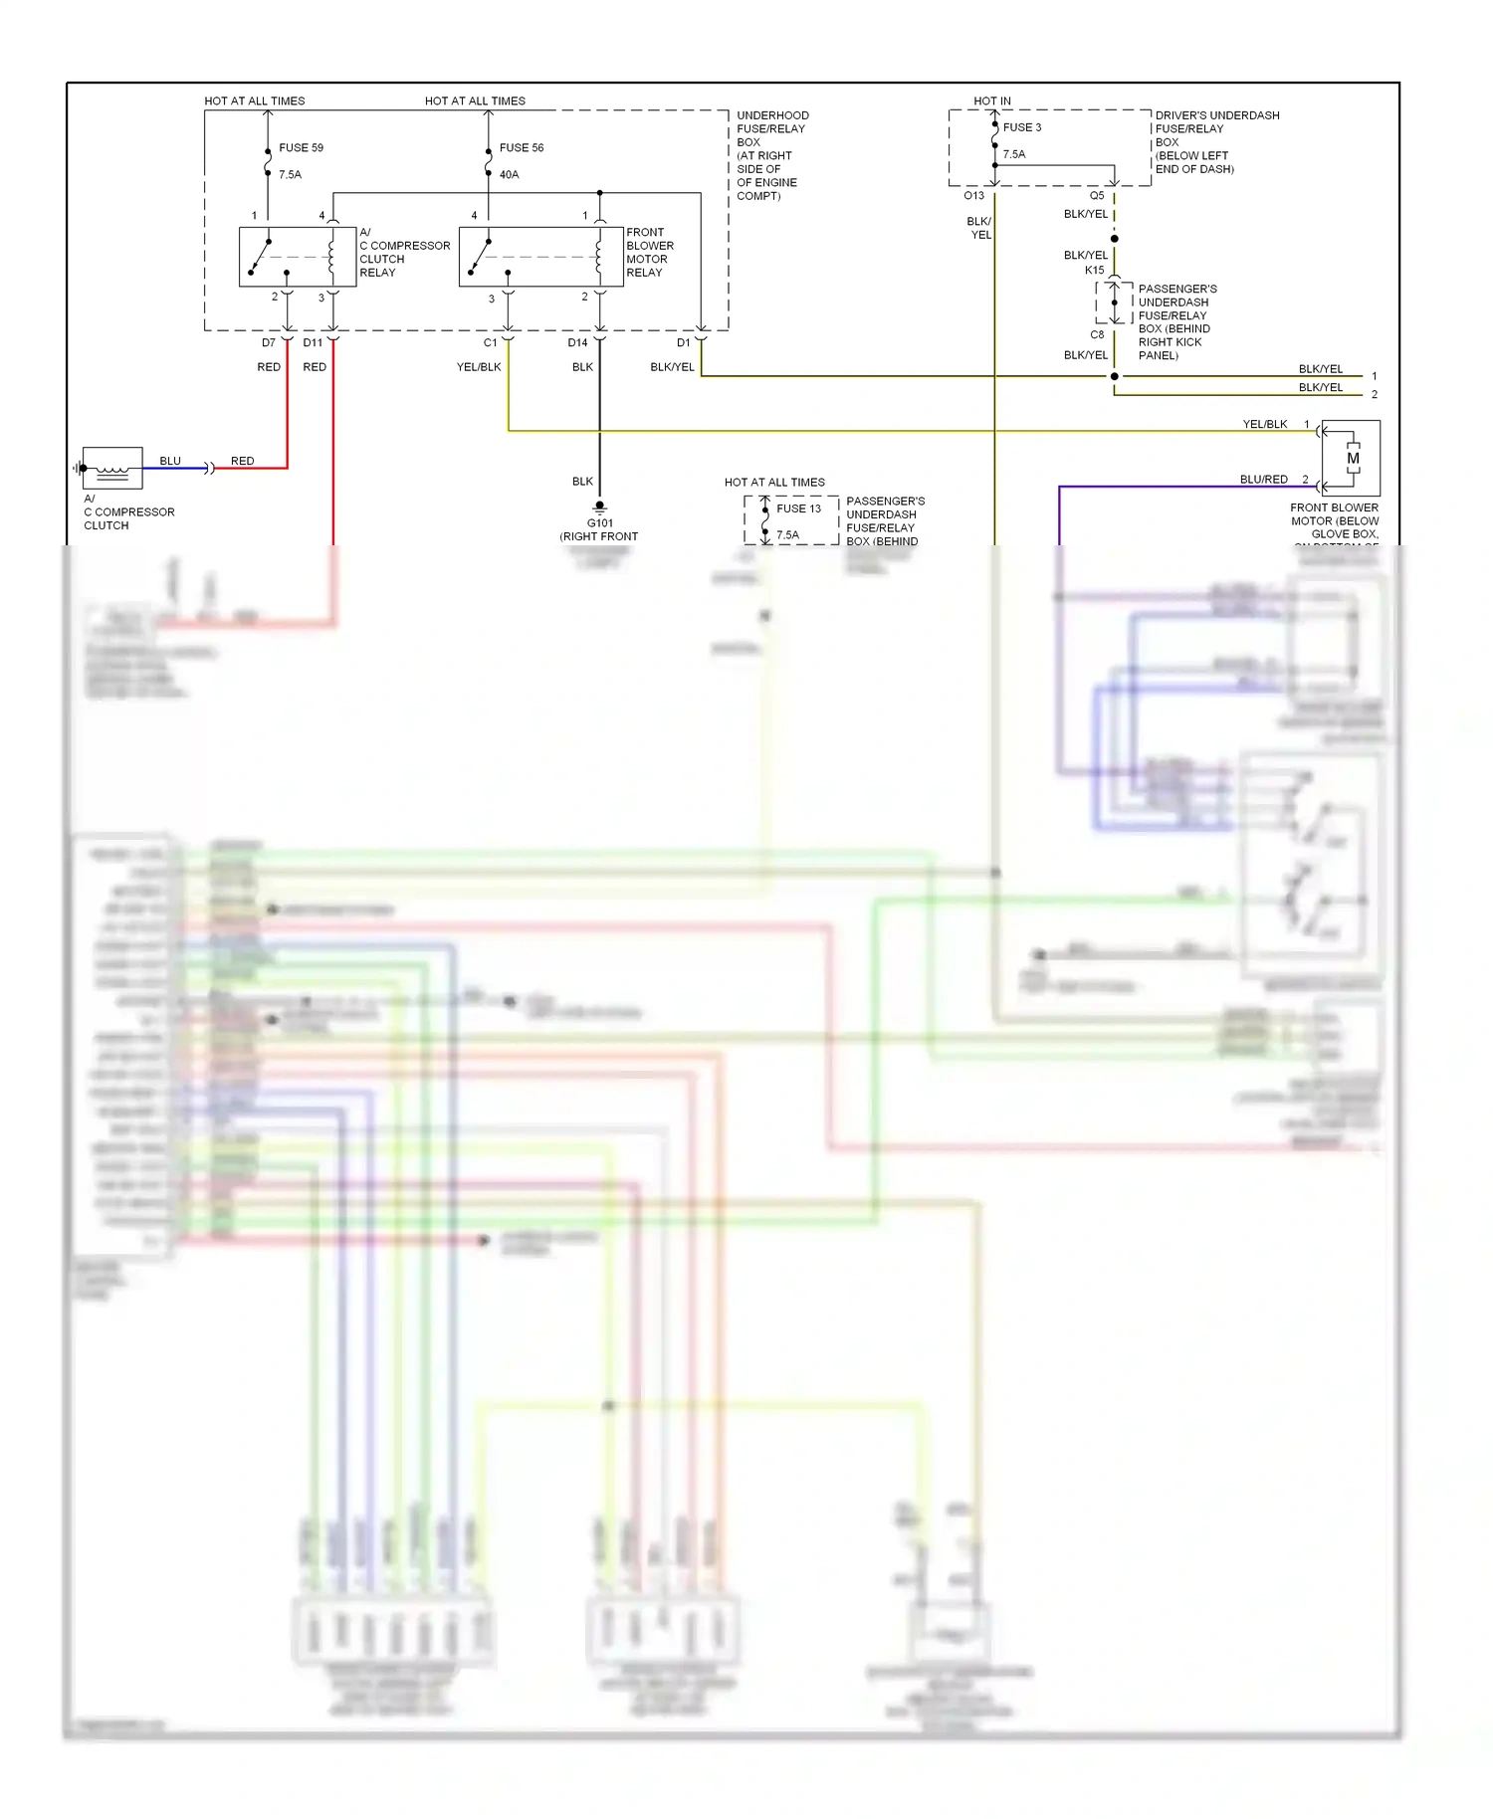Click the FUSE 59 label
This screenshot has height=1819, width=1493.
click(301, 147)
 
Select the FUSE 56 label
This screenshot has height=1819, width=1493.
click(522, 147)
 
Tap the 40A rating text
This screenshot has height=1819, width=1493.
click(509, 174)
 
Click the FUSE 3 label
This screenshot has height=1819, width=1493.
click(1022, 127)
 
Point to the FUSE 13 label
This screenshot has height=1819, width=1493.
click(798, 508)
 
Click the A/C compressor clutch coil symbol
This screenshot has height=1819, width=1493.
click(112, 468)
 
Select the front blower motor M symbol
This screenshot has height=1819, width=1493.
click(1352, 459)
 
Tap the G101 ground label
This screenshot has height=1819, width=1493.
click(600, 522)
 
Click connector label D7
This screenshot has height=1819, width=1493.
click(269, 342)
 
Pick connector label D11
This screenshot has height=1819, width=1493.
click(313, 342)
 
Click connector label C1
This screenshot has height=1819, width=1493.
click(490, 342)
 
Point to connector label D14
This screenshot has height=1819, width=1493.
click(577, 342)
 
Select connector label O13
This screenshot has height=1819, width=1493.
click(973, 196)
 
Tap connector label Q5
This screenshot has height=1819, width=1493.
click(1096, 196)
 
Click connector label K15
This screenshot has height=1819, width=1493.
click(1094, 270)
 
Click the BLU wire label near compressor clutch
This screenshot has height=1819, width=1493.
click(170, 461)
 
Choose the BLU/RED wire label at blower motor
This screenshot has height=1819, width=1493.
click(1263, 480)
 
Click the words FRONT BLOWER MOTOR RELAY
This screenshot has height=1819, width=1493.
click(649, 253)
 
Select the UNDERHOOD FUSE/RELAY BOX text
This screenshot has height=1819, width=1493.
click(771, 128)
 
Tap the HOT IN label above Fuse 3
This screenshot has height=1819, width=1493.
click(991, 101)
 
